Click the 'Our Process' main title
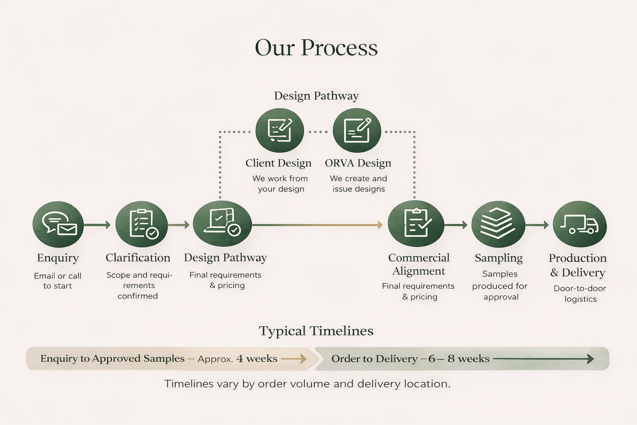coord(316,48)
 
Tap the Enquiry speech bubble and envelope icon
coord(58,225)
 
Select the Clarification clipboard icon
coord(141,225)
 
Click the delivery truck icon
coord(580,225)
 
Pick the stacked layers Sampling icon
coord(498,225)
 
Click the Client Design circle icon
coord(280,131)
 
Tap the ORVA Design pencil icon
coord(357,131)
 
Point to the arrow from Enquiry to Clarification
coord(97,225)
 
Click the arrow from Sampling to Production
coord(537,225)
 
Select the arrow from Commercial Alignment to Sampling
coord(456,225)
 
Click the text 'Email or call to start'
coord(58,281)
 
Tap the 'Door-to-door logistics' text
coord(580,293)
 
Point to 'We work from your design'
coord(280,183)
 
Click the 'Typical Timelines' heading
coord(316,331)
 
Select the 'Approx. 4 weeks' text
coord(237,359)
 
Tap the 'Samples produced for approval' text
coord(500,286)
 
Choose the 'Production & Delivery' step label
coord(577,265)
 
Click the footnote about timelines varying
coord(307,384)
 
